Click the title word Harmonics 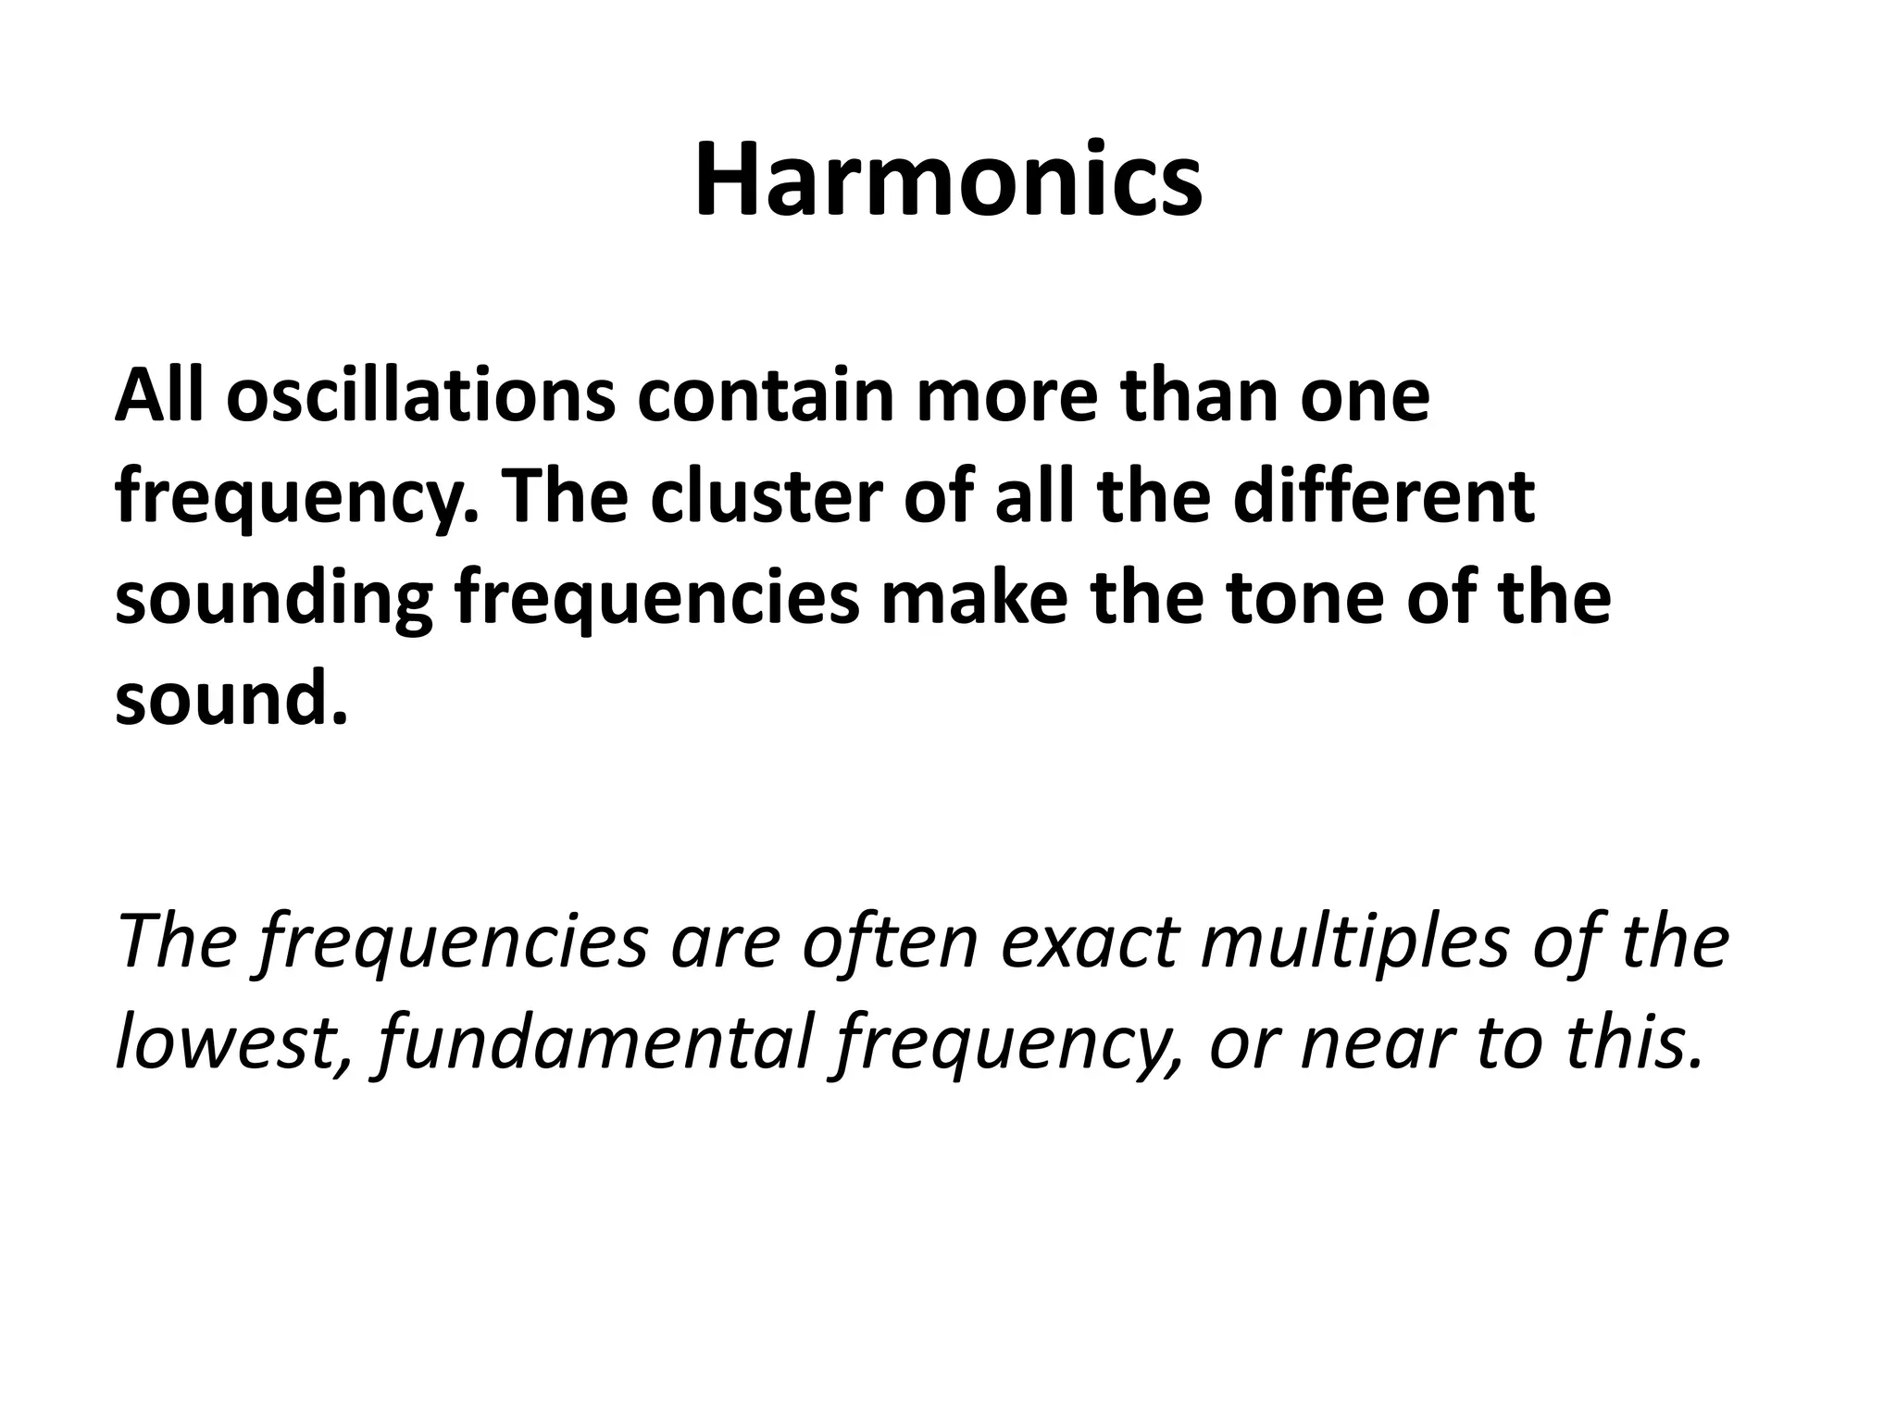[x=948, y=181]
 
